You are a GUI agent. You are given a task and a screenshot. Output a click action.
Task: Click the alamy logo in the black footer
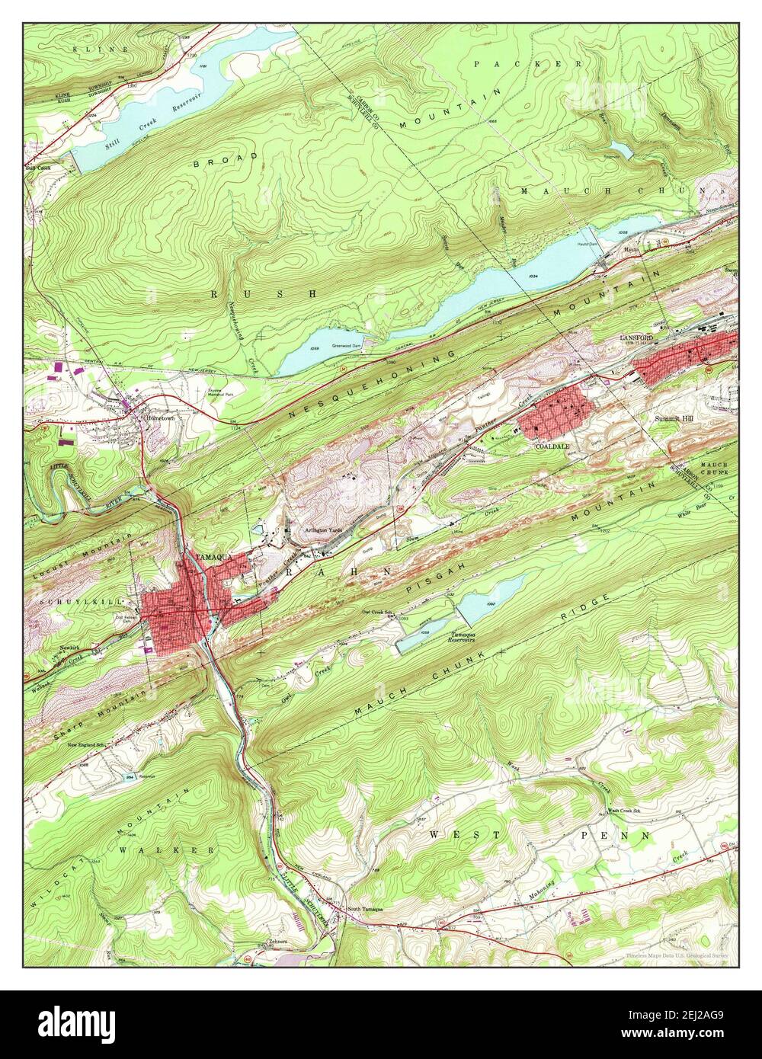click(76, 1022)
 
